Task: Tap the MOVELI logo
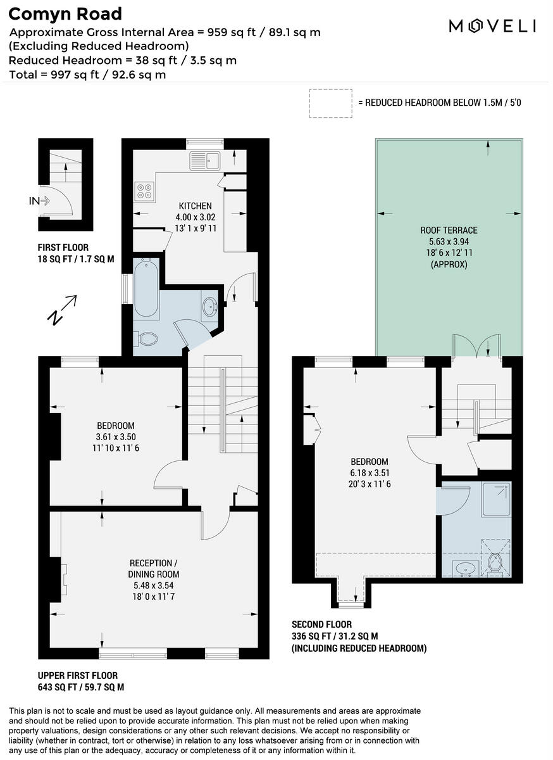click(x=492, y=25)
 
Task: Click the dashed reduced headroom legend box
click(x=330, y=103)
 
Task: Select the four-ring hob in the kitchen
click(x=144, y=191)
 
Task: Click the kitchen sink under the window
click(x=204, y=160)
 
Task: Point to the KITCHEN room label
click(x=196, y=206)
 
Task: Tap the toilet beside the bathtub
click(x=147, y=339)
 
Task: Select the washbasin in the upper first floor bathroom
click(x=209, y=307)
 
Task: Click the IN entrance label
click(x=34, y=201)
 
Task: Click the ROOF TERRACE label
click(x=449, y=230)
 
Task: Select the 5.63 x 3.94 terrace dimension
click(x=449, y=241)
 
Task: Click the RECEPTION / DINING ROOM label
click(x=151, y=569)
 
